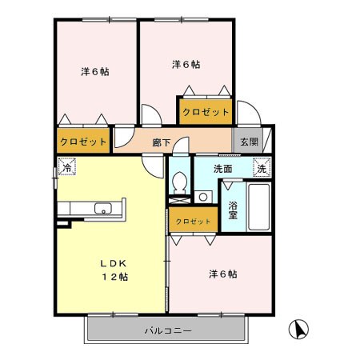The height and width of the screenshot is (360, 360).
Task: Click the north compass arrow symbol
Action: click(x=298, y=329)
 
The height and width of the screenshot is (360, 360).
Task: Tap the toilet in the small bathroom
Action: click(x=179, y=183)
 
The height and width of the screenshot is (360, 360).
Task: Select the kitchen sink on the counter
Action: click(x=103, y=208)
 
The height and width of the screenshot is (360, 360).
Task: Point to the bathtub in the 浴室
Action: click(x=258, y=207)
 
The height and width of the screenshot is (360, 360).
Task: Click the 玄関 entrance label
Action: click(x=250, y=142)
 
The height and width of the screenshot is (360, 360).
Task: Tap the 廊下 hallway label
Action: click(x=162, y=142)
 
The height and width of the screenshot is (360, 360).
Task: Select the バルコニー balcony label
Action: click(x=168, y=331)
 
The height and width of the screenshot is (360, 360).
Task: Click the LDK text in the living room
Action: click(x=113, y=263)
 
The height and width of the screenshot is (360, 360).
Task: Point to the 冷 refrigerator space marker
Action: click(x=67, y=166)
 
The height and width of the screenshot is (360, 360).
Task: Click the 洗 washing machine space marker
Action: click(x=262, y=167)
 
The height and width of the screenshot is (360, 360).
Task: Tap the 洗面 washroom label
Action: click(x=223, y=169)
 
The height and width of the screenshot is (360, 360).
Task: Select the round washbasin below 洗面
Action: click(x=203, y=197)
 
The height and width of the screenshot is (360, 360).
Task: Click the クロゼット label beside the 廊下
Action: click(x=83, y=142)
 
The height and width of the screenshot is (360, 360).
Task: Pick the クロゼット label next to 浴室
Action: click(x=193, y=222)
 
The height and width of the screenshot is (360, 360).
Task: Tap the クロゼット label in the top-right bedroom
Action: click(x=206, y=112)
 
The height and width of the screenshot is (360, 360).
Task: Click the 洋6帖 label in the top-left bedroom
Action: click(x=95, y=72)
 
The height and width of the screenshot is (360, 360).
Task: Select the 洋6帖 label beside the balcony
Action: click(x=223, y=274)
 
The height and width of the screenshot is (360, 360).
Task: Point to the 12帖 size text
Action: click(x=115, y=277)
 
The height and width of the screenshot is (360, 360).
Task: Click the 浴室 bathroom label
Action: click(x=233, y=210)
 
